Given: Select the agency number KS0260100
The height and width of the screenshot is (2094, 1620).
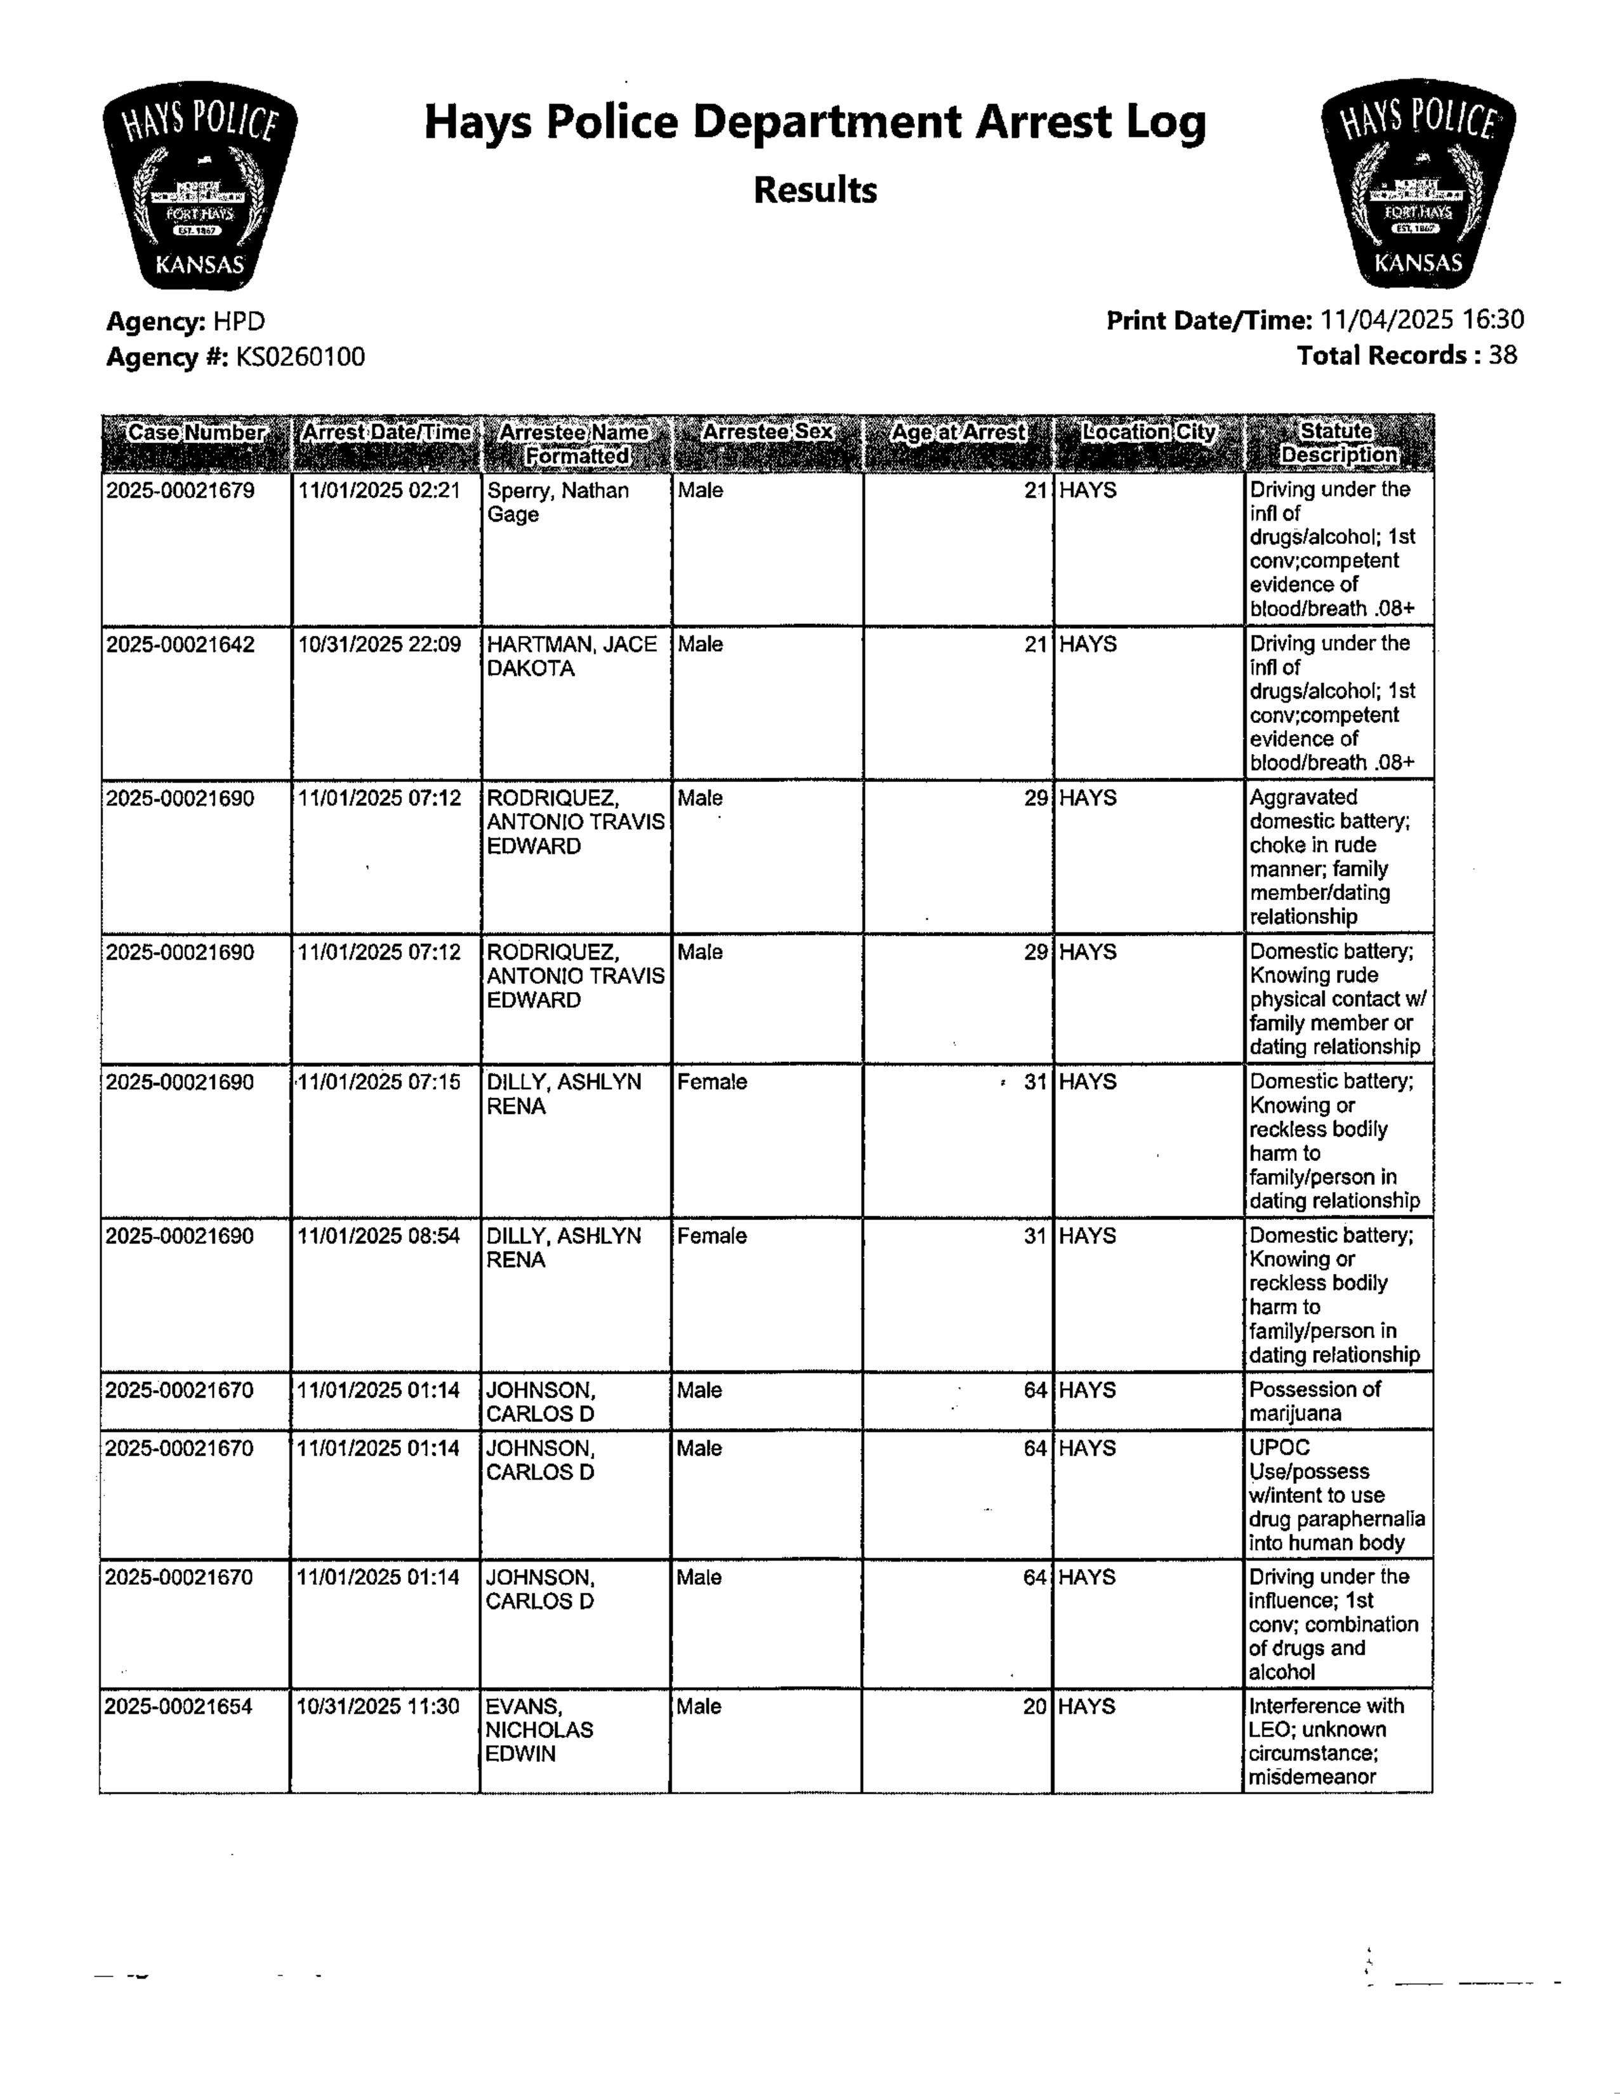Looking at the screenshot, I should coord(300,357).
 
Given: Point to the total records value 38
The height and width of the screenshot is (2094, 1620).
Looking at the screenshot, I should coord(1503,355).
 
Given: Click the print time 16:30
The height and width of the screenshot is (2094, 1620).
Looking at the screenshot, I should coord(1492,319).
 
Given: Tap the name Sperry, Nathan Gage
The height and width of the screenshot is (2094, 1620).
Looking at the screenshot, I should coord(558,503).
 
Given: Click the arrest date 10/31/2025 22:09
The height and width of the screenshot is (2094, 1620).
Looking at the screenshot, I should coord(379,644).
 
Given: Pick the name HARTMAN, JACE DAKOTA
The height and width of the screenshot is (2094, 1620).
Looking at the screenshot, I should coord(571,656).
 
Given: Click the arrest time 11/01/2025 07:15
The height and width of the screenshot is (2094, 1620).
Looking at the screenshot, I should coord(379,1082).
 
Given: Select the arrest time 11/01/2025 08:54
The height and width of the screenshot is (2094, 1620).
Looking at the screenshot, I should coord(379,1236).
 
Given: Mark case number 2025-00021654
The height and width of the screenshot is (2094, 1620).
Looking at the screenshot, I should coord(178,1707).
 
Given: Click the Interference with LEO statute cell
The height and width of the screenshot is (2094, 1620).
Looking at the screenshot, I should coord(1326,1740).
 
